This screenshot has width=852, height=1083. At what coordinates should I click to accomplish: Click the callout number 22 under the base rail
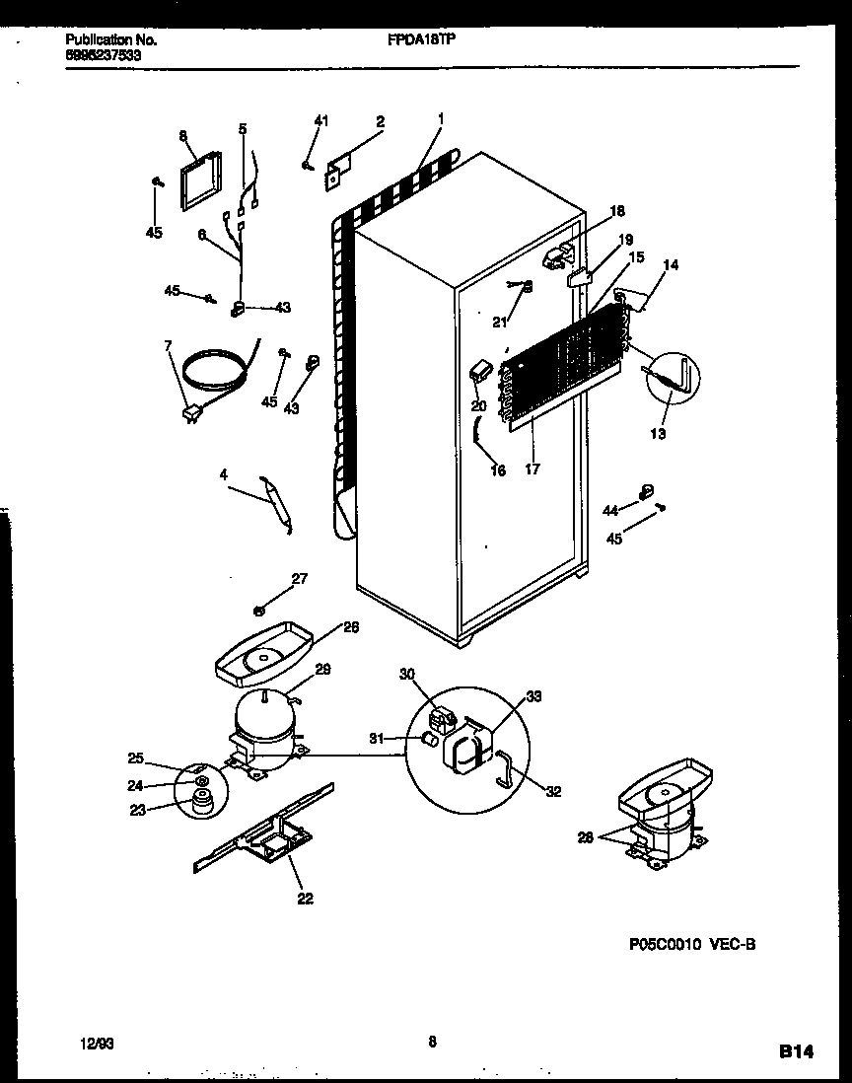pos(305,898)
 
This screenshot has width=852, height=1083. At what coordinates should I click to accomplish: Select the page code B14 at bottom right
pos(797,1053)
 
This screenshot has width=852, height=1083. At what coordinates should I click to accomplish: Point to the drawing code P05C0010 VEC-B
pos(691,943)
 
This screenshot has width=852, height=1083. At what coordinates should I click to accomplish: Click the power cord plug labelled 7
pos(187,414)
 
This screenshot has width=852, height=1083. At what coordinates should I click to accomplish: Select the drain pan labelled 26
pos(261,653)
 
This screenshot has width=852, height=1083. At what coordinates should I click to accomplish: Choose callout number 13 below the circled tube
pos(658,434)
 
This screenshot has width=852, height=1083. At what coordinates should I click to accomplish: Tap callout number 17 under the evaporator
pos(532,469)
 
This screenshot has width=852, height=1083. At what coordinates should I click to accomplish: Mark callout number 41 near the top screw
pos(319,120)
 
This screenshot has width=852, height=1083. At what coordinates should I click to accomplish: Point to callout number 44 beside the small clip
pos(610,509)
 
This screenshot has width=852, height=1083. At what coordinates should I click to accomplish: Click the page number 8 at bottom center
pos(433,1038)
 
